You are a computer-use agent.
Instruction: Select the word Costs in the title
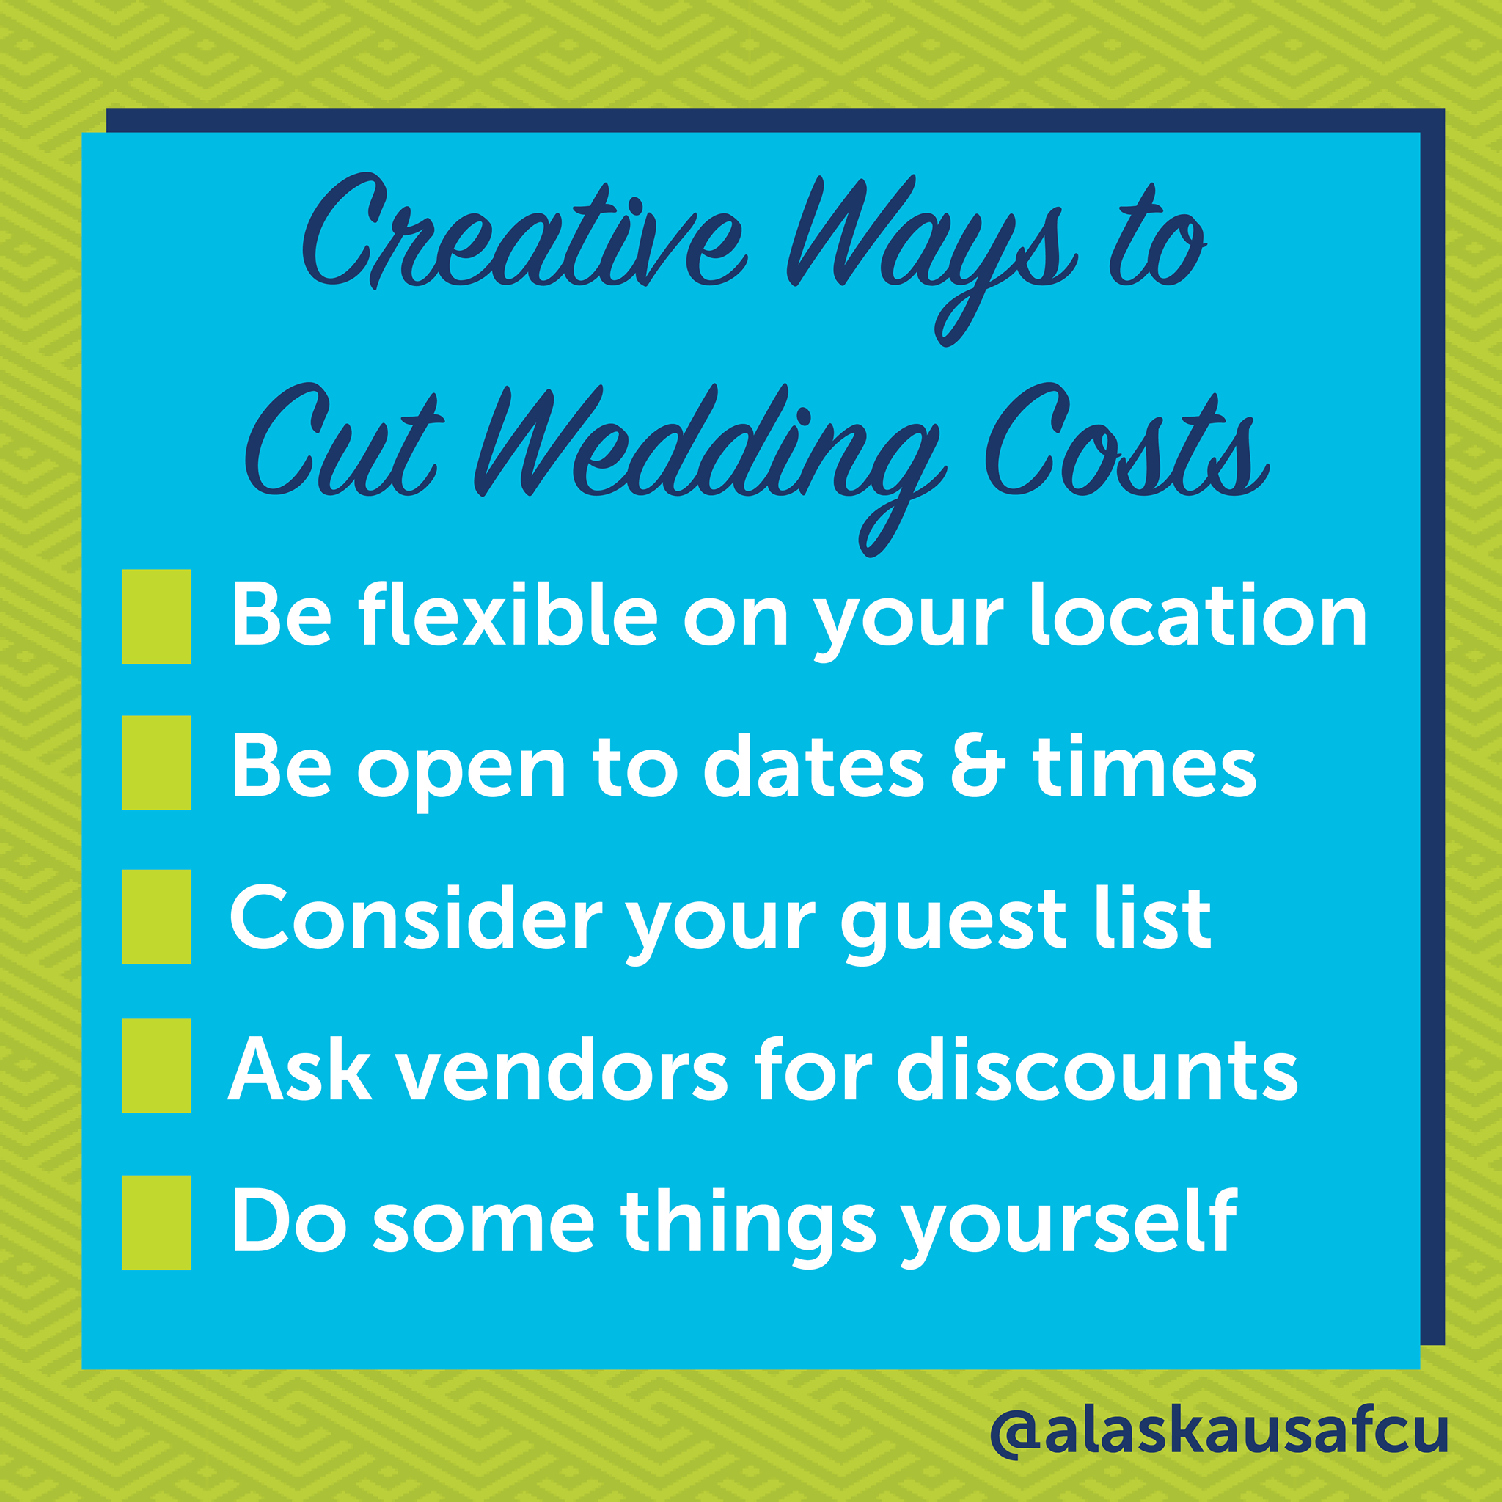click(1126, 440)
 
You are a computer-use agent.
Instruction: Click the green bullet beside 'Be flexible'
click(156, 617)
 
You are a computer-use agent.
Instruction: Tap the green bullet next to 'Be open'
click(156, 763)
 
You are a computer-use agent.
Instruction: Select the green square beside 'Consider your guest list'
click(156, 917)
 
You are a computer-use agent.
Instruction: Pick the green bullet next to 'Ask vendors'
click(156, 1065)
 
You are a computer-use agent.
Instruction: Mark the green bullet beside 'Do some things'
click(156, 1223)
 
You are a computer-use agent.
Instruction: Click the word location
click(1198, 614)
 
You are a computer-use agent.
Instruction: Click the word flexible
click(508, 614)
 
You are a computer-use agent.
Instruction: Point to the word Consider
click(416, 917)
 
